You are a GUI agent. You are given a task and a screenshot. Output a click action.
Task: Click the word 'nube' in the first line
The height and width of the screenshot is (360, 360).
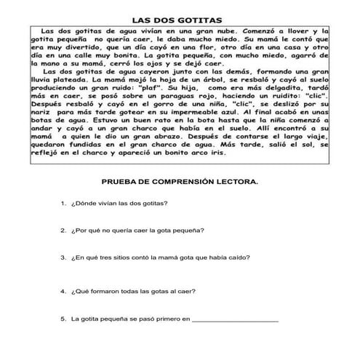221,32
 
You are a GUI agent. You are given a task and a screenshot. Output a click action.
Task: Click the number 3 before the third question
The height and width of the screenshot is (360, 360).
64,257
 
